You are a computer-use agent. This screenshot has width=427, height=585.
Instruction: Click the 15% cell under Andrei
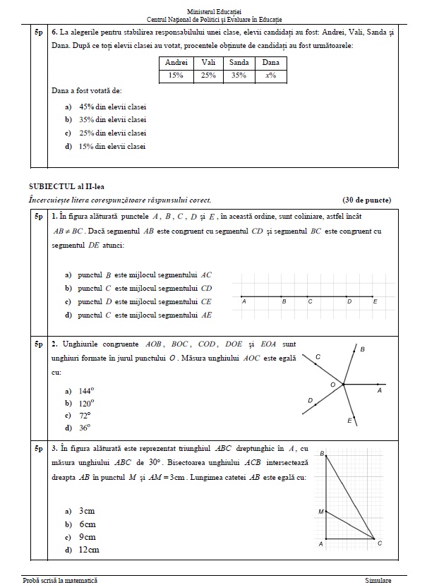pyautogui.click(x=175, y=75)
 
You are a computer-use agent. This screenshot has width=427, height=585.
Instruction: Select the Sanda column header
pyautogui.click(x=239, y=62)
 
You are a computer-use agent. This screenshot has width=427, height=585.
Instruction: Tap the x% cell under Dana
pyautogui.click(x=271, y=75)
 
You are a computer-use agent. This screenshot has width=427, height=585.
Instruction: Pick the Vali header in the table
pyautogui.click(x=208, y=62)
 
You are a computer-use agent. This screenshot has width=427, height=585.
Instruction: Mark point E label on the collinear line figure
pyautogui.click(x=375, y=301)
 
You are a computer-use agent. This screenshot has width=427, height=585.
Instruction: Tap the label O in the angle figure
pyautogui.click(x=333, y=383)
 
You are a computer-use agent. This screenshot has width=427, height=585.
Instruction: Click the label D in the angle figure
pyautogui.click(x=311, y=400)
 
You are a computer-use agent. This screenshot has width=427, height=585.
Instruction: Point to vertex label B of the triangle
pyautogui.click(x=322, y=453)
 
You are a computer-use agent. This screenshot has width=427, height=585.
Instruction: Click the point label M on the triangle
pyautogui.click(x=320, y=511)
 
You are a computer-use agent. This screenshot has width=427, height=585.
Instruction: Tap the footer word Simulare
pyautogui.click(x=378, y=580)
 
